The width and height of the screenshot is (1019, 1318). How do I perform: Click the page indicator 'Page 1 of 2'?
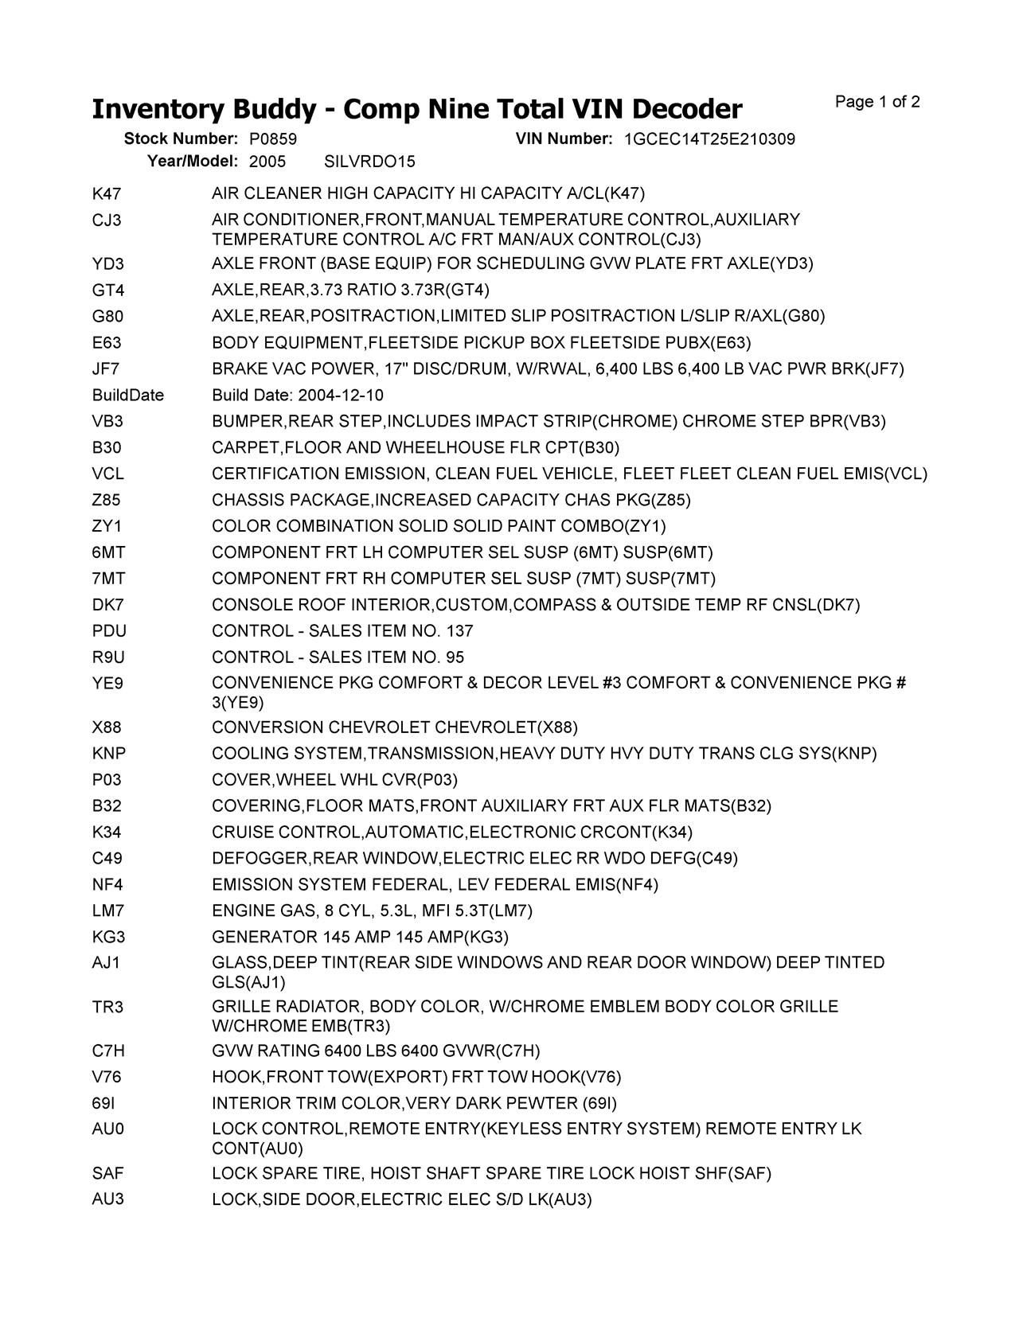click(x=877, y=102)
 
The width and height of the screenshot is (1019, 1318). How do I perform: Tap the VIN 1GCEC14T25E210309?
click(x=709, y=139)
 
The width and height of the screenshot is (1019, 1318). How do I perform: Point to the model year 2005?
click(x=267, y=162)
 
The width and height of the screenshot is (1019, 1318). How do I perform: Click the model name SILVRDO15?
click(x=369, y=162)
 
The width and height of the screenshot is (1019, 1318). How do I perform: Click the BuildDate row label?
click(x=127, y=396)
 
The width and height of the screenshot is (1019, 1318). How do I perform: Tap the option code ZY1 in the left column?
click(x=107, y=526)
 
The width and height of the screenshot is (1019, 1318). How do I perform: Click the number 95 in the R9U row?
click(x=455, y=657)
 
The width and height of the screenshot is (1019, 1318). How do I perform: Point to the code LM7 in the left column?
click(x=107, y=911)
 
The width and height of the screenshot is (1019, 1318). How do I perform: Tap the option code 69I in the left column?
click(x=103, y=1103)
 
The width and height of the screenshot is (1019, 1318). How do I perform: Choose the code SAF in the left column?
click(x=107, y=1173)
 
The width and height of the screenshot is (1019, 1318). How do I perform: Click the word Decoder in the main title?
click(x=689, y=109)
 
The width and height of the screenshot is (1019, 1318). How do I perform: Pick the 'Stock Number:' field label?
click(x=181, y=139)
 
